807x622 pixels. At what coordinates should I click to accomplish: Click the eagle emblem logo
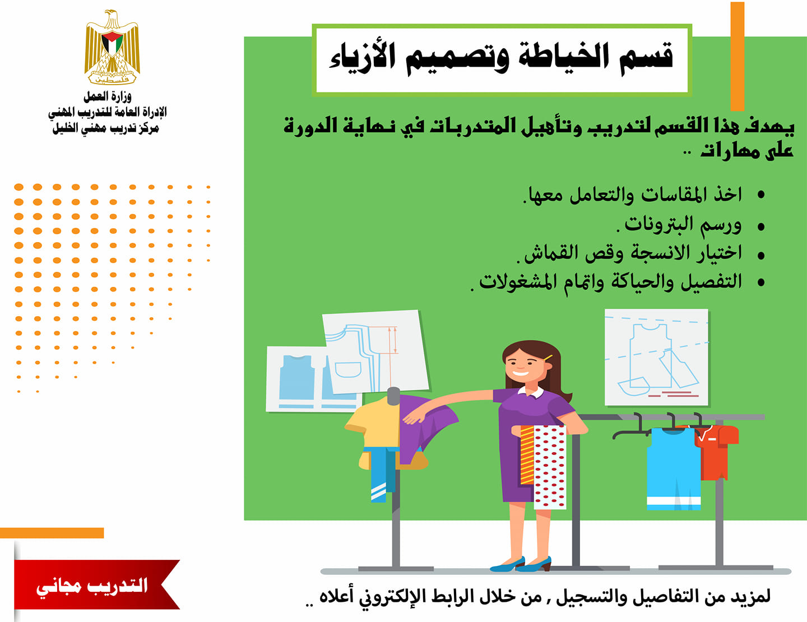tap(112, 47)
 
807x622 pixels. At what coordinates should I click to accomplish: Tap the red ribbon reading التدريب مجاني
tap(96, 584)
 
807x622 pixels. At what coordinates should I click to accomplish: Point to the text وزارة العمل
tap(108, 96)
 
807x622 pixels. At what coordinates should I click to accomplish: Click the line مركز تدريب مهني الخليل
tap(106, 128)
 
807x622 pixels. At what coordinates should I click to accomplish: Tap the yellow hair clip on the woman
tap(548, 358)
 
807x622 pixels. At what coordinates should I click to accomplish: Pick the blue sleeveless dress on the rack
tap(673, 468)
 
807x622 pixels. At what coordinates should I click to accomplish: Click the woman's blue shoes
tap(521, 564)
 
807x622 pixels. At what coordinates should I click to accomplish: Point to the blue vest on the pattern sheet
tap(296, 377)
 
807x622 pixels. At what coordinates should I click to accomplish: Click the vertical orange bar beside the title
tap(738, 56)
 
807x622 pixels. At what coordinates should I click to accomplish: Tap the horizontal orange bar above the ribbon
tap(52, 533)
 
